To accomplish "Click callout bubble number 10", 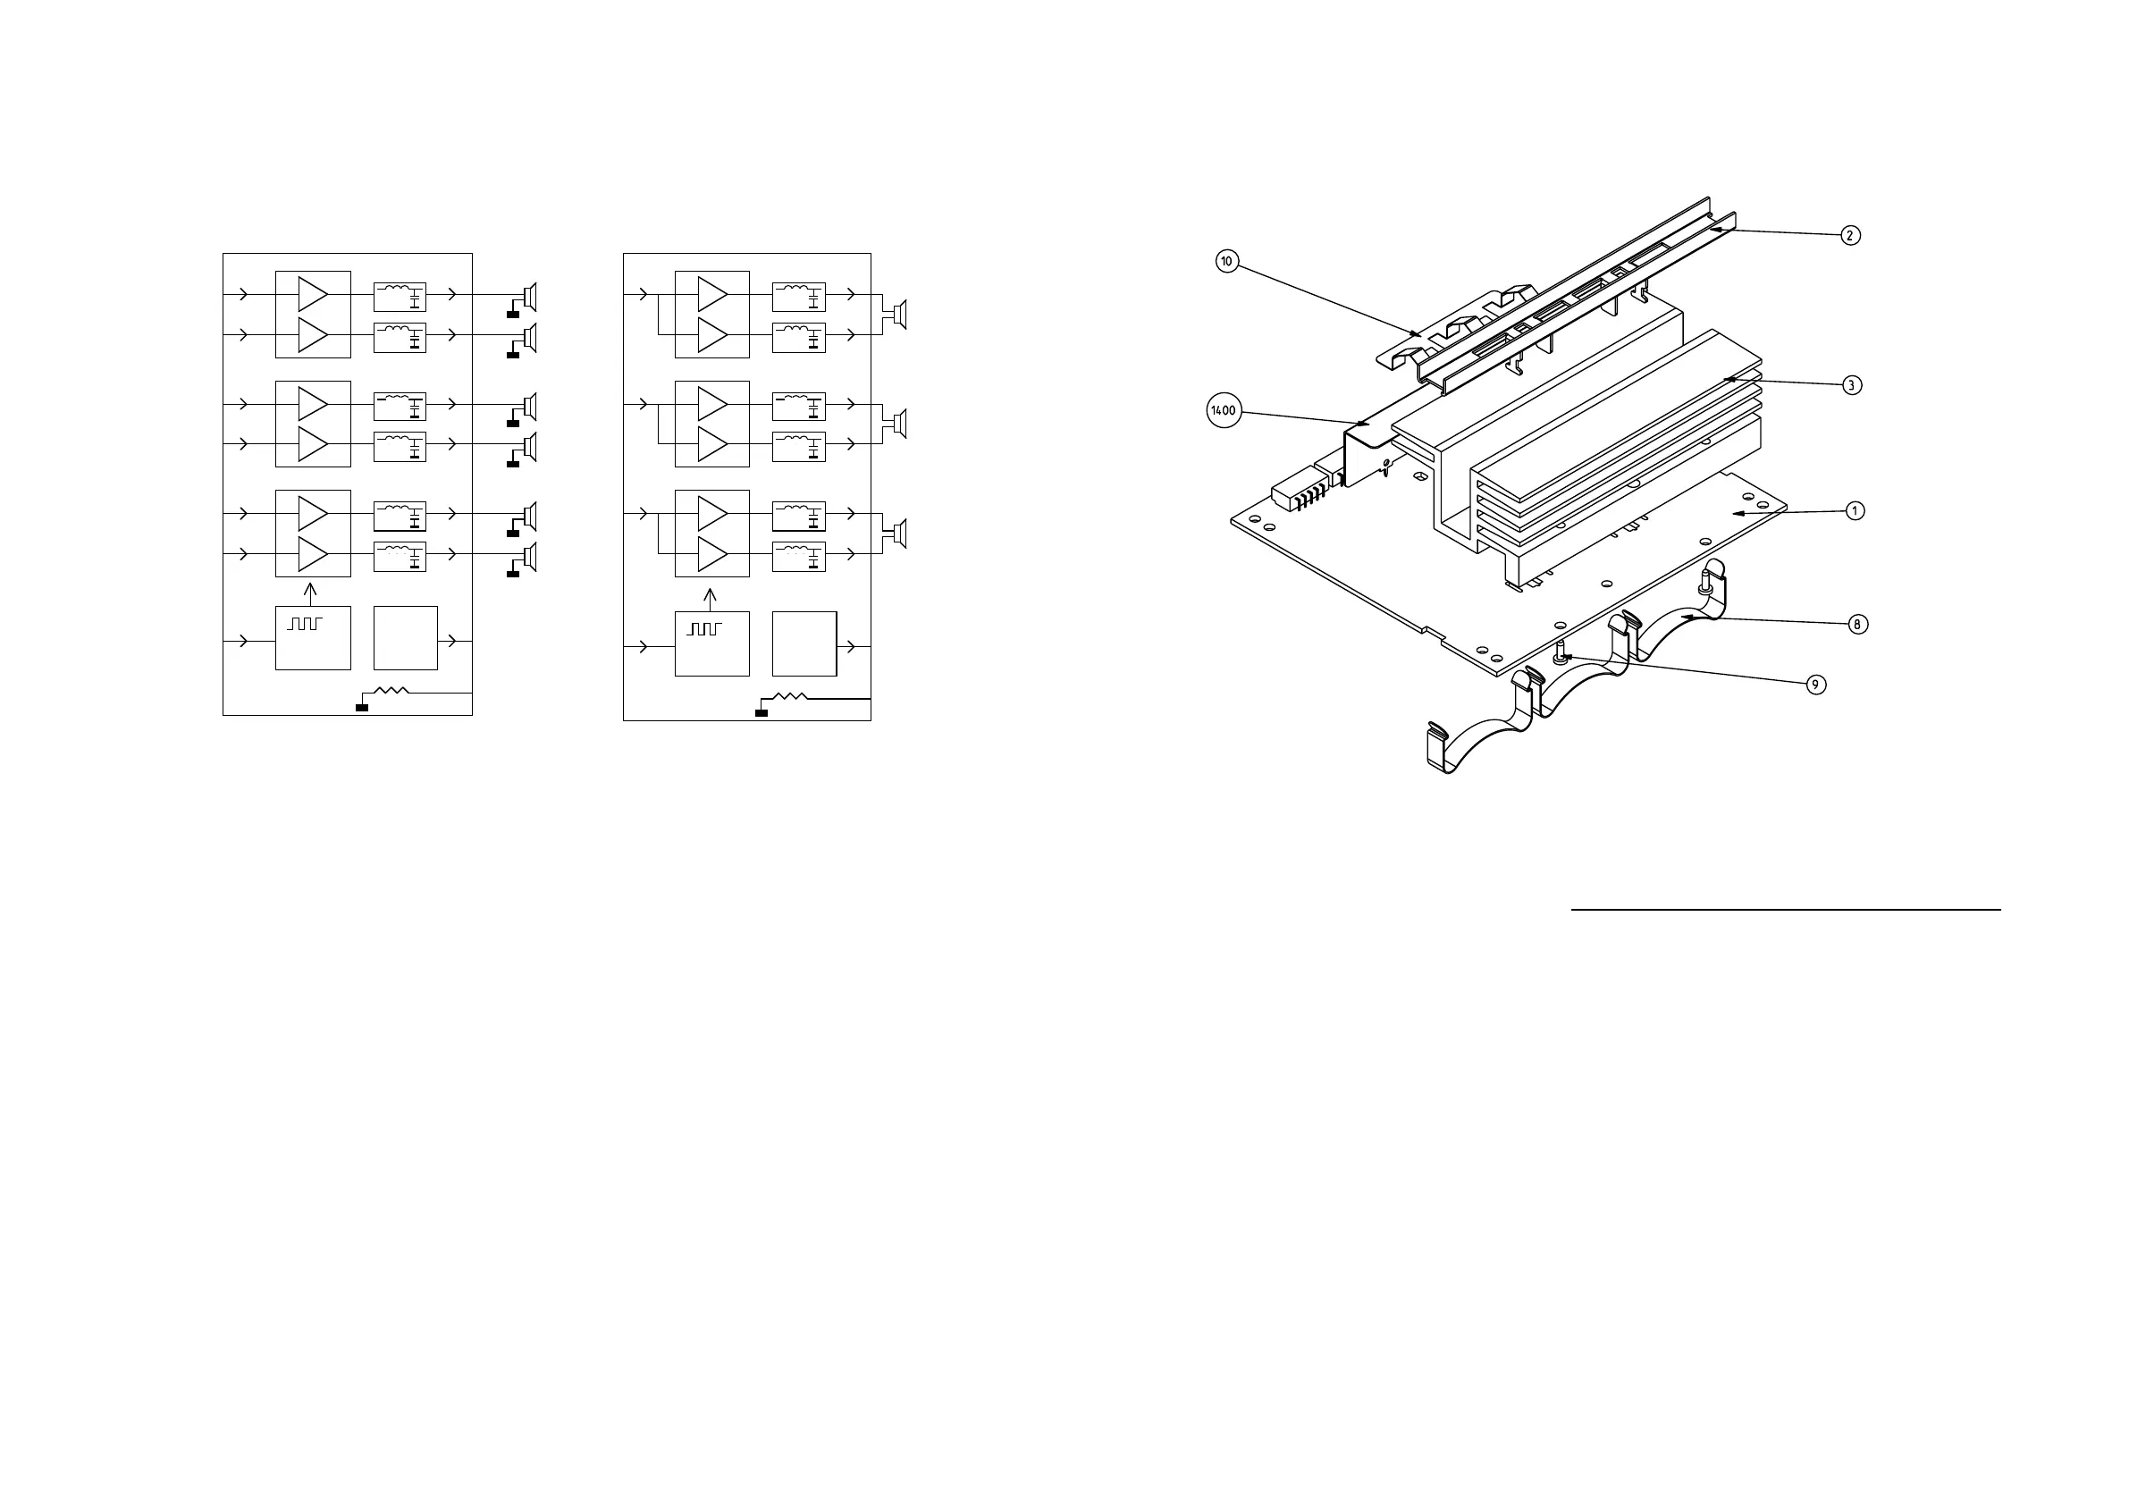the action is (1227, 262).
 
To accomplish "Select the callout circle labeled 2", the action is (1850, 236).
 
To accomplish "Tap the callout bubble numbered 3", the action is (1851, 385).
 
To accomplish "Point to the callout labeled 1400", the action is (1224, 411).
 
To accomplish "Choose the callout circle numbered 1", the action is (1855, 511).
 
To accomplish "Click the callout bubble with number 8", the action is (1856, 624).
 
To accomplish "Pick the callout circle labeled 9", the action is (1815, 685).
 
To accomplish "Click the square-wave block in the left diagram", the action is (313, 638).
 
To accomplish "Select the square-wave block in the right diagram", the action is (711, 643).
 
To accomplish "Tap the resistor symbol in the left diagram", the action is (391, 691).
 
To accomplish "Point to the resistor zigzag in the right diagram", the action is (790, 696).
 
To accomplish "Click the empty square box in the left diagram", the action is (405, 638).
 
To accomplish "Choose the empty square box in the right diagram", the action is (804, 643).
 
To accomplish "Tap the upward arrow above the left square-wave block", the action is (311, 592).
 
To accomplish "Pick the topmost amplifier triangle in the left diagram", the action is (313, 295).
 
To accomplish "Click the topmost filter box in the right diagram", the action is (798, 297).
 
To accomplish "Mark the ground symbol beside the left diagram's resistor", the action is (362, 708).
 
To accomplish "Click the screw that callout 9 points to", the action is (1561, 653).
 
